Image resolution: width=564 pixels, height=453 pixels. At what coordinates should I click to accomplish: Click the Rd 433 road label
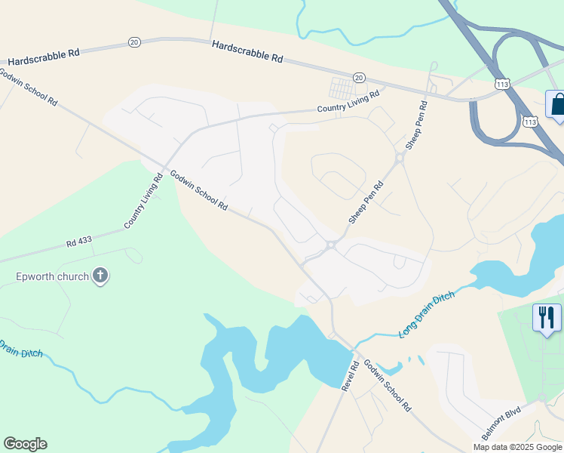tap(79, 242)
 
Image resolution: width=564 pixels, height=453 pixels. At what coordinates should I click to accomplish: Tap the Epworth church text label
tap(52, 276)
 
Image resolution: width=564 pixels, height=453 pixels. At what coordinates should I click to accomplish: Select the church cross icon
tap(101, 276)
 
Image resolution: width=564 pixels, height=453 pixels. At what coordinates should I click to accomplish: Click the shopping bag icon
tap(557, 105)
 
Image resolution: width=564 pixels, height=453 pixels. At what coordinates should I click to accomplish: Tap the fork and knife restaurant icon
tap(547, 317)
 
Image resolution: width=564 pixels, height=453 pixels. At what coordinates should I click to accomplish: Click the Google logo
tap(25, 444)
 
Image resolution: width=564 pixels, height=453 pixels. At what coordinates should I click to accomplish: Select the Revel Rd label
tap(348, 375)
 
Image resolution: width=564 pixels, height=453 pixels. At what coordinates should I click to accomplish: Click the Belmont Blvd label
tap(502, 426)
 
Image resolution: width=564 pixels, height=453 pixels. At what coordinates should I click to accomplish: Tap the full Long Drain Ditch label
tap(427, 313)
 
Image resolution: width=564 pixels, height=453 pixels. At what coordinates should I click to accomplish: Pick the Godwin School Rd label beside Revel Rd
tap(388, 385)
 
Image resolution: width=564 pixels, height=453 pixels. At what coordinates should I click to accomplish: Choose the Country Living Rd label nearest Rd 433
tap(143, 202)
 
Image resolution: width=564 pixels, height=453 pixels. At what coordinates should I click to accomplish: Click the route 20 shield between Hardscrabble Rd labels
tap(134, 42)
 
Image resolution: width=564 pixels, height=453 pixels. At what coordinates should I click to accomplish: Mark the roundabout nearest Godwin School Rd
tap(331, 245)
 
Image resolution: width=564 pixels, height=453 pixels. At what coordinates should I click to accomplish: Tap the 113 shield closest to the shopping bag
tap(530, 121)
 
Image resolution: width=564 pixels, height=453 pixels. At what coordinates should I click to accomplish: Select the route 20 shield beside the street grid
tap(359, 78)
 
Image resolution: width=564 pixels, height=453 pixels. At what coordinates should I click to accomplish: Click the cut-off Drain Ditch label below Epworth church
tap(21, 350)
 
